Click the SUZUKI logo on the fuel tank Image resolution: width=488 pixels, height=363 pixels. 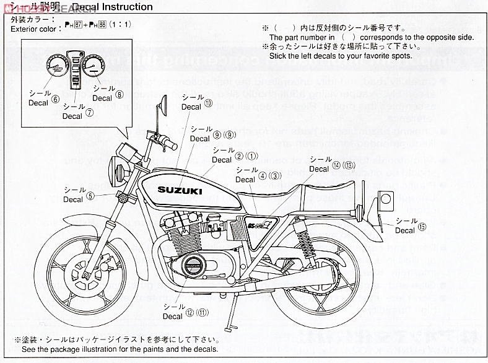point(179,191)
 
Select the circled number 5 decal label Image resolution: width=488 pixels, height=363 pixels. point(90,196)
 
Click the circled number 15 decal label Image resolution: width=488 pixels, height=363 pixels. point(422,227)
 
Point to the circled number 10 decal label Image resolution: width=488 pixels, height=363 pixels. point(208,104)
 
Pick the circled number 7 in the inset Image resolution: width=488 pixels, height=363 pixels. point(90,113)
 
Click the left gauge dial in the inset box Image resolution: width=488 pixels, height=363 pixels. point(58,67)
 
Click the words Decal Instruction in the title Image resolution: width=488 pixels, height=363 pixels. point(112,7)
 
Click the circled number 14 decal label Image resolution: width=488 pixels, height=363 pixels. point(337,165)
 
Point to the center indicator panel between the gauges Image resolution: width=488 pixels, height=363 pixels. point(76,68)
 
